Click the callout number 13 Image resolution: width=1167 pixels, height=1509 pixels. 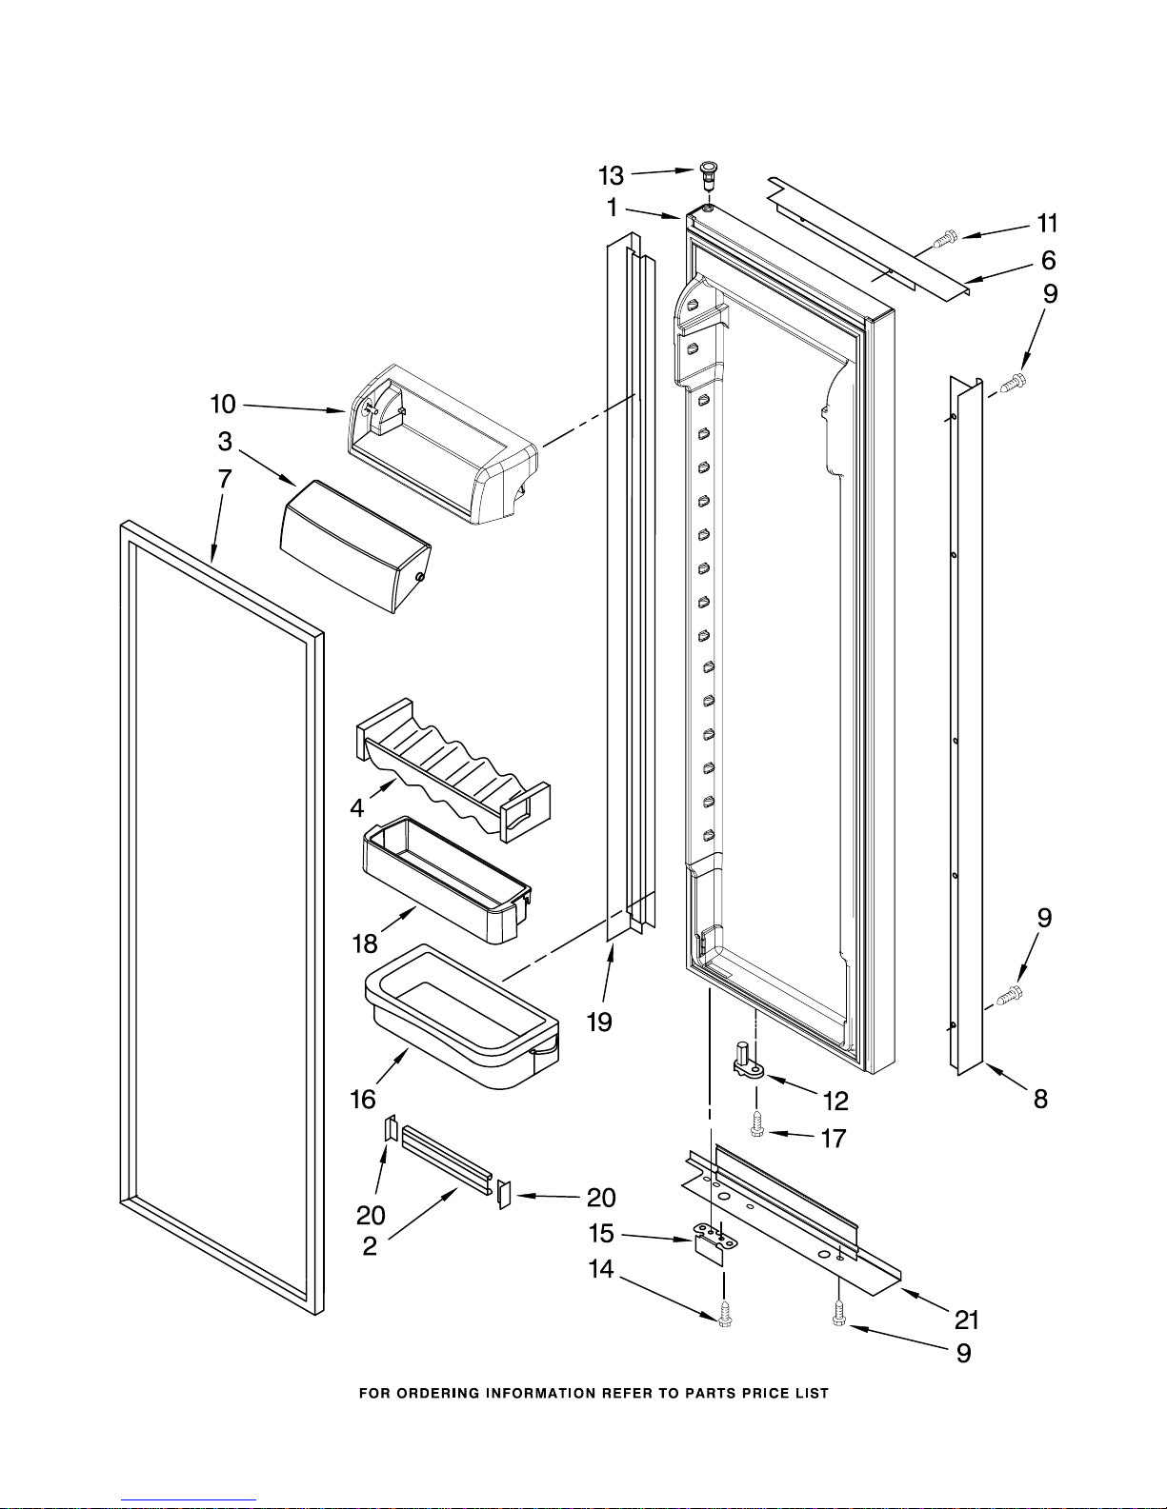coord(612,176)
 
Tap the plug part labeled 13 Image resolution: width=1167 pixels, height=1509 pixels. coord(707,176)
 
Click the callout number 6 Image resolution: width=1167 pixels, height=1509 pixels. coord(1048,261)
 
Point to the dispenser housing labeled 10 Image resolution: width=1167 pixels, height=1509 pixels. coord(442,445)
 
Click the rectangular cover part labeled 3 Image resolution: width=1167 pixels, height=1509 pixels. coord(355,546)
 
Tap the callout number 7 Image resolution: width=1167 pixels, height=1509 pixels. coord(225,479)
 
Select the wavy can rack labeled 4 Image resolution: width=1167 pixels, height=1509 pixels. coord(453,770)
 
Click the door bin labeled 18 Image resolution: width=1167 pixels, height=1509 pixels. coord(447,880)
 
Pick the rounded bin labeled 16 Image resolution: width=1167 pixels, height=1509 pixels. coord(462,1016)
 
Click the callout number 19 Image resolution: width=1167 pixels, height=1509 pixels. coord(599,1022)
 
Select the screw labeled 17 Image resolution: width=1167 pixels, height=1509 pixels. coord(757,1130)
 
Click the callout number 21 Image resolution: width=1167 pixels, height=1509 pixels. coord(966,1319)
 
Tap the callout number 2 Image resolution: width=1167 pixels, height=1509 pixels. coord(370,1246)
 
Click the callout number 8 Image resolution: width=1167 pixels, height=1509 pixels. coord(1040,1099)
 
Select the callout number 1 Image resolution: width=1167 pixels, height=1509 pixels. coord(612,207)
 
